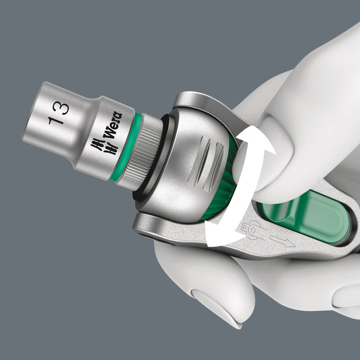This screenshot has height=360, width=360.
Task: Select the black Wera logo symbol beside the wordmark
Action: [98, 145]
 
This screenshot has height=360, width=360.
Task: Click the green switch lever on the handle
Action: [306, 216]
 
